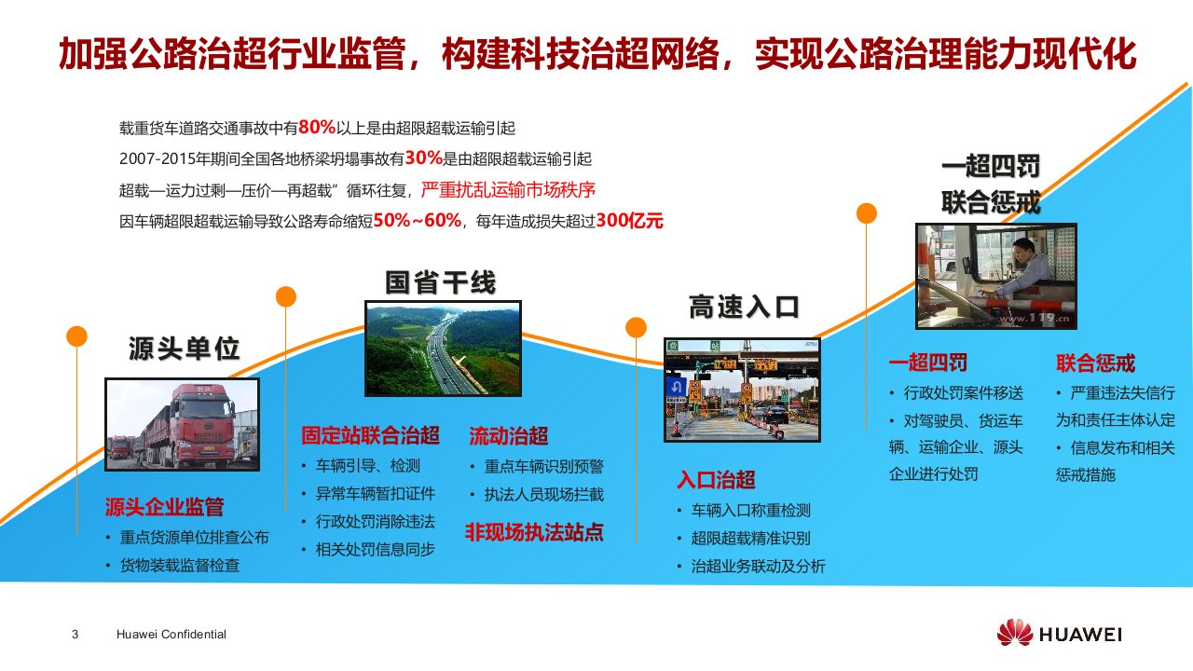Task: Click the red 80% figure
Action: [x=317, y=128]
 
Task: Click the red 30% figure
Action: [x=424, y=157]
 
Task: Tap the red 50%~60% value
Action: [x=417, y=220]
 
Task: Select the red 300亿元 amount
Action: [x=629, y=220]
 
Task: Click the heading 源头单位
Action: [x=185, y=349]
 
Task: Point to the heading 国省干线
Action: [x=441, y=282]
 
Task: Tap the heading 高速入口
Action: [x=744, y=307]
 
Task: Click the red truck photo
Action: [x=182, y=424]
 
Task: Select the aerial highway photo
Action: [x=443, y=349]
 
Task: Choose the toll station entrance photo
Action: [x=742, y=390]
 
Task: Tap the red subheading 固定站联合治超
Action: [x=370, y=435]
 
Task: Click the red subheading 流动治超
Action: [x=509, y=435]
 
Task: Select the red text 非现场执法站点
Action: [x=534, y=532]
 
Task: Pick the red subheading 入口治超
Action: [x=716, y=479]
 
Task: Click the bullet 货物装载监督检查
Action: [x=180, y=565]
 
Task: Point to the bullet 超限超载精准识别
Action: [x=751, y=539]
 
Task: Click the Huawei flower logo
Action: [x=1015, y=633]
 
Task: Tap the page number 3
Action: [x=75, y=635]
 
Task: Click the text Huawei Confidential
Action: [x=171, y=635]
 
